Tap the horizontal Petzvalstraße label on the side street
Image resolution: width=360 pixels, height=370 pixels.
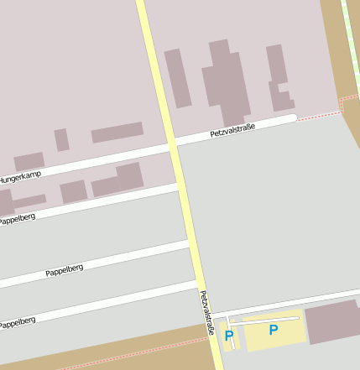point(232,129)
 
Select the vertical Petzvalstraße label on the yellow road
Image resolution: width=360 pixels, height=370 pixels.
point(206,313)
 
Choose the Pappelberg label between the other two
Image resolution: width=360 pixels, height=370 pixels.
point(65,270)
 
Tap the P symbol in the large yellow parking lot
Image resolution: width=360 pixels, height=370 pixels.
point(273,330)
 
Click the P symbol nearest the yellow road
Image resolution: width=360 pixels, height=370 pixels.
point(229,336)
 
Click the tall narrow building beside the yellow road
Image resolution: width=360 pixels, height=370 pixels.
point(178,78)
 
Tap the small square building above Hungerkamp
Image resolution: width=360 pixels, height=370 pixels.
point(61,139)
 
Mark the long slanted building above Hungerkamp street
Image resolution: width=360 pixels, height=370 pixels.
point(117,133)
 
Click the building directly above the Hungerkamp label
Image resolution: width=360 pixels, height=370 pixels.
point(29,161)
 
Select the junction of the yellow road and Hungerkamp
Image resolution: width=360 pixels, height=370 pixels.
point(174,146)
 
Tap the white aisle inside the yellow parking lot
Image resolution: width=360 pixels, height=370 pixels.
point(265,319)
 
